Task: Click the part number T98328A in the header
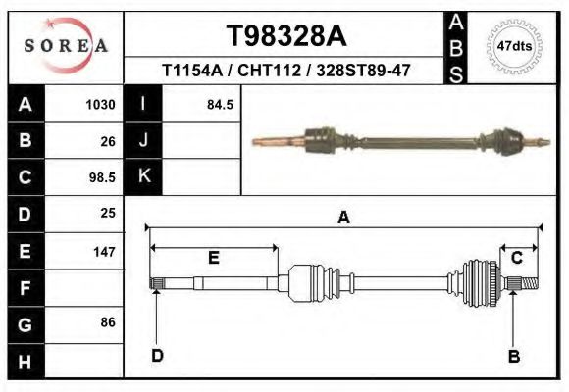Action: (286, 36)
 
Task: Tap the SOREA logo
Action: (66, 46)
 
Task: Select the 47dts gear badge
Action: (514, 46)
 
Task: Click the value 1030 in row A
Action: (101, 105)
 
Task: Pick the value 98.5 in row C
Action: (101, 177)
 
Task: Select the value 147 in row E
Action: (104, 252)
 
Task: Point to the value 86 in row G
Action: (107, 322)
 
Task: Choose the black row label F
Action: (25, 288)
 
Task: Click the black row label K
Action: (143, 176)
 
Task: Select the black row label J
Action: (143, 140)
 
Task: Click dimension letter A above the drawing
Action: (343, 218)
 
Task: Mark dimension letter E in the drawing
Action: (213, 258)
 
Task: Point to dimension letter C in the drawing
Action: (516, 257)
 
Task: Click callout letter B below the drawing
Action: (513, 356)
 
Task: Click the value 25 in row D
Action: (107, 213)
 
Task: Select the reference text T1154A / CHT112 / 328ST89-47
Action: (285, 71)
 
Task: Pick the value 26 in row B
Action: (107, 141)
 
